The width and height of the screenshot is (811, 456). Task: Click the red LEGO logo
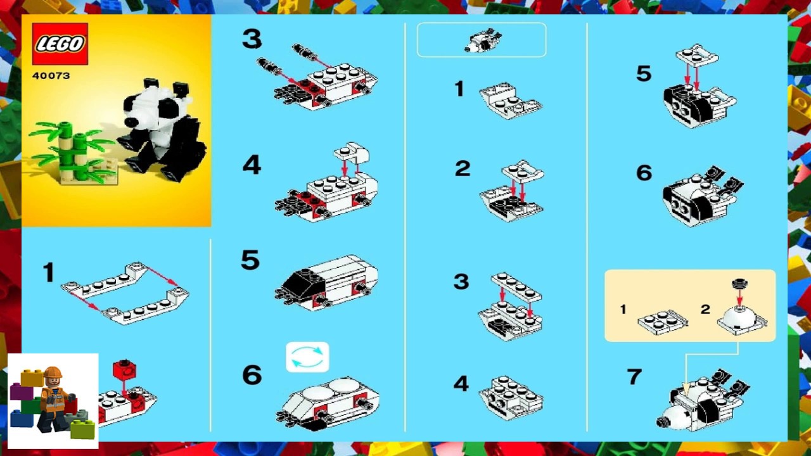[60, 44]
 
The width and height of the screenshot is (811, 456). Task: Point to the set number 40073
[51, 76]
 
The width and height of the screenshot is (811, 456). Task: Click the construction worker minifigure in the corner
[54, 398]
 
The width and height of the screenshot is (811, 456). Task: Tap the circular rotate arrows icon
[307, 357]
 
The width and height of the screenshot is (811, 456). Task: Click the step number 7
[634, 377]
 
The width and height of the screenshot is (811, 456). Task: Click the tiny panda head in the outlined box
[482, 41]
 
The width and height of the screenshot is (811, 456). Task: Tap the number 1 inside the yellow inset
[623, 310]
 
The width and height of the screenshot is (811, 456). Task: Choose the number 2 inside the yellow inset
[705, 310]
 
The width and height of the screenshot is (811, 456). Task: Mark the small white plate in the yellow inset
[663, 321]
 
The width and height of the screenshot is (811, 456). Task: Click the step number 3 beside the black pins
[252, 39]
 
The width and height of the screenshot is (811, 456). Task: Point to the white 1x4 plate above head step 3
[516, 286]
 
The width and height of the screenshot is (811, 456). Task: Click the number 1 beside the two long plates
[48, 273]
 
